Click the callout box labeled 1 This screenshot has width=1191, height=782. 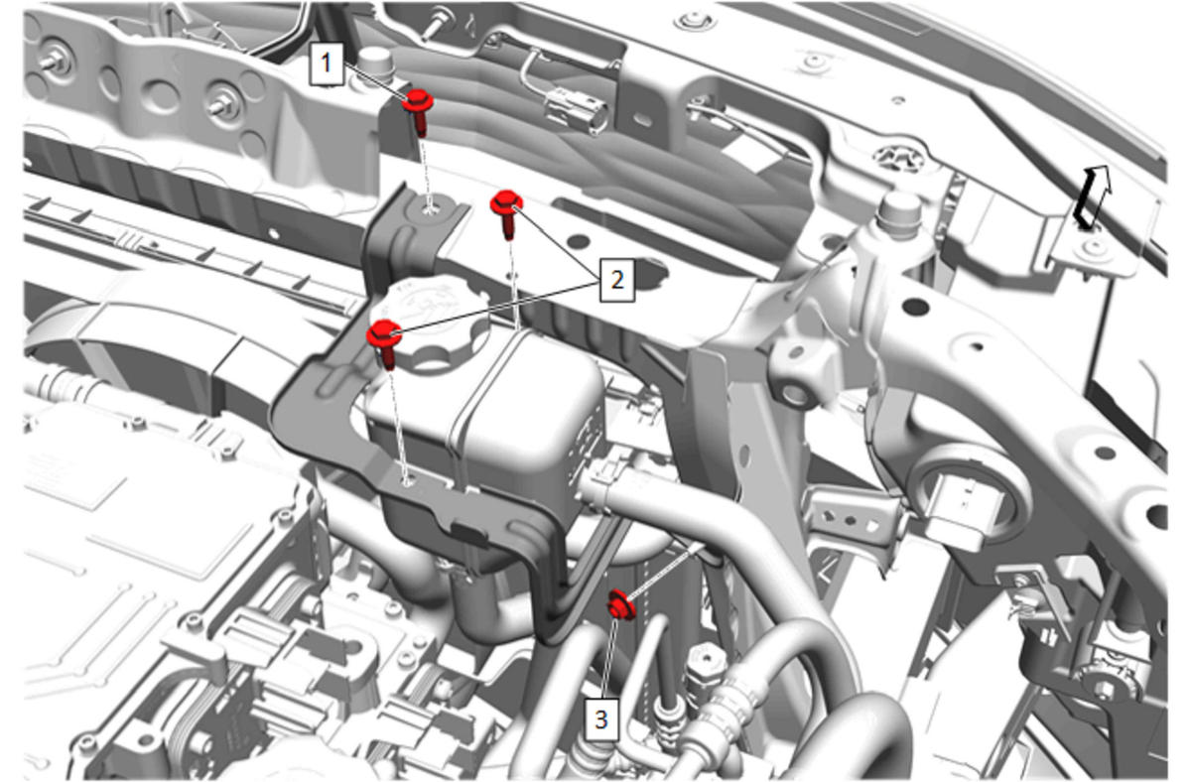point(327,65)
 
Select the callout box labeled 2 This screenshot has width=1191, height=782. point(616,280)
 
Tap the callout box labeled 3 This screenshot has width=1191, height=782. point(601,719)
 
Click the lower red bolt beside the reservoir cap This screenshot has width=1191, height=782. point(384,342)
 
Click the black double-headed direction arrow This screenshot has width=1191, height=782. point(1092,196)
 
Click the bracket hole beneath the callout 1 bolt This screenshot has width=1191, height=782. point(430,210)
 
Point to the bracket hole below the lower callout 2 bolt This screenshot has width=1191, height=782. point(408,481)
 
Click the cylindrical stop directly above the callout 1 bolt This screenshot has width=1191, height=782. point(377,63)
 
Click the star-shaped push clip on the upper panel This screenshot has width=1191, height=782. point(899,158)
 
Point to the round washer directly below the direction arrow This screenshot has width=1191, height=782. point(1094,248)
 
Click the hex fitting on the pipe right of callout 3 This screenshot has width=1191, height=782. point(705,661)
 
